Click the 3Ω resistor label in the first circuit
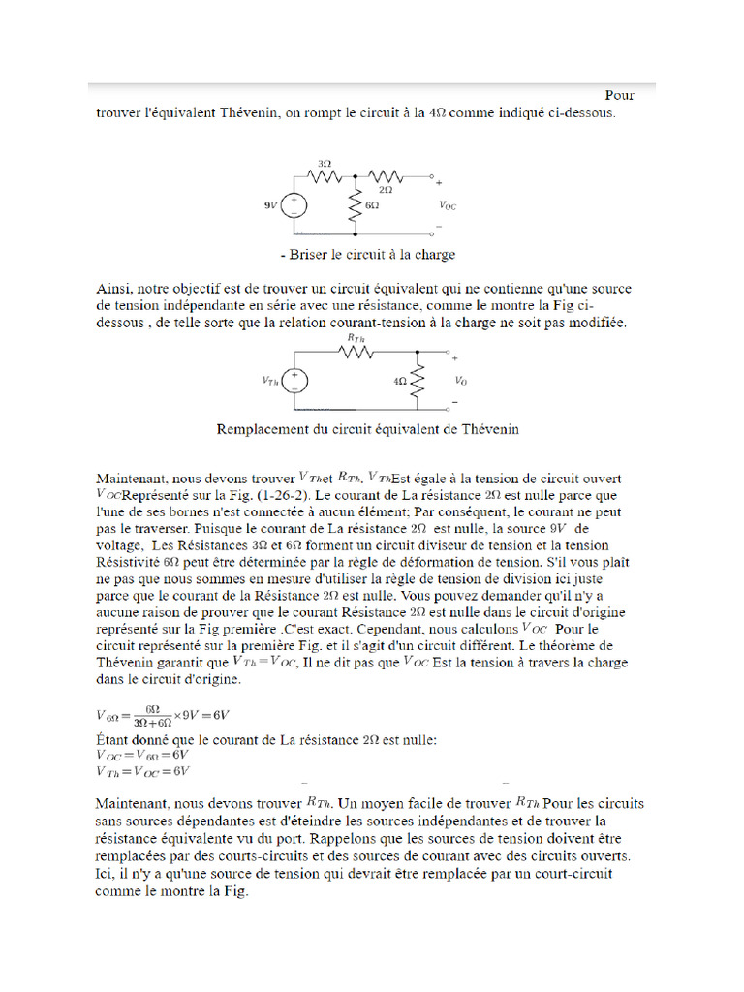325,163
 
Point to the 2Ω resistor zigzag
387,177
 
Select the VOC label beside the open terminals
448,205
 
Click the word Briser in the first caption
310,255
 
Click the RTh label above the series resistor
354,338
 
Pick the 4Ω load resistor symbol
418,381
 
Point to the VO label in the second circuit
460,381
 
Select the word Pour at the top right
620,95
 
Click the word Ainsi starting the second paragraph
113,289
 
